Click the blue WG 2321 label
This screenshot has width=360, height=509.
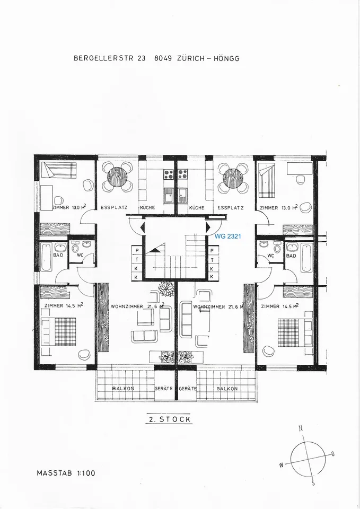pyautogui.click(x=227, y=236)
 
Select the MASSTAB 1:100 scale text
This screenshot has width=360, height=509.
pyautogui.click(x=66, y=473)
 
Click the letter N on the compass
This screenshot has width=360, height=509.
pyautogui.click(x=301, y=428)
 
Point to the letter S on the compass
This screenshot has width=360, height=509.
pyautogui.click(x=313, y=483)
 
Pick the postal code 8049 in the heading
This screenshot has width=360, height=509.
pyautogui.click(x=163, y=58)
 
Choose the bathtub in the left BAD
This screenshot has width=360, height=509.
pyautogui.click(x=46, y=257)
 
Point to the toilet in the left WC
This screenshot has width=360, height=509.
pyautogui.click(x=75, y=248)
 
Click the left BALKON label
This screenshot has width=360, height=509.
pyautogui.click(x=123, y=388)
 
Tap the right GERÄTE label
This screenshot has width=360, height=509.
pyautogui.click(x=188, y=388)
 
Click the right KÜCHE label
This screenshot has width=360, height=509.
pyautogui.click(x=197, y=208)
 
